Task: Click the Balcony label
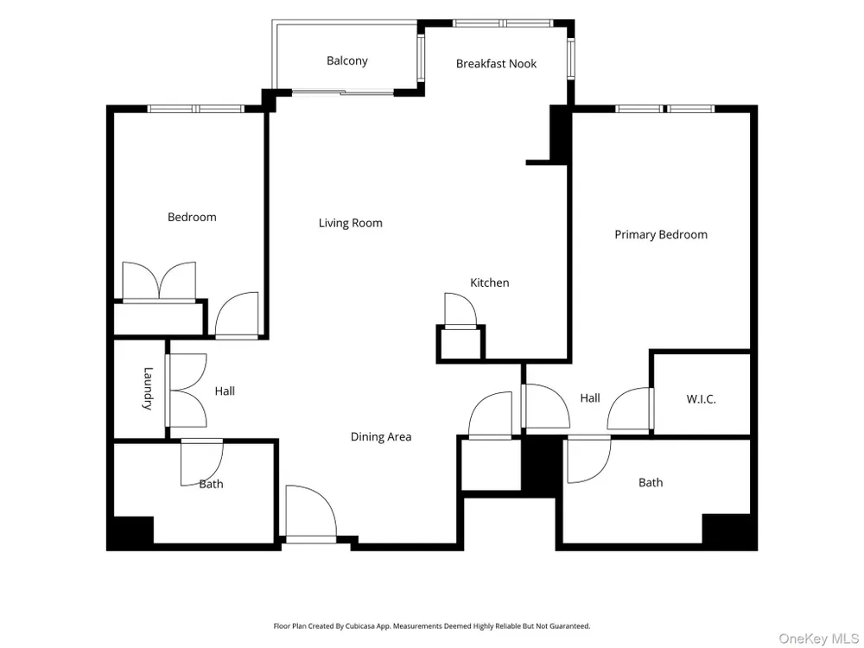click(346, 61)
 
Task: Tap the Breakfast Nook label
click(496, 64)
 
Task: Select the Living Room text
click(351, 223)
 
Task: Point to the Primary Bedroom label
click(661, 235)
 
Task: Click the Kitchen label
click(489, 283)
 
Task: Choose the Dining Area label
click(381, 437)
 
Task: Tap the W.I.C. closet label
click(701, 399)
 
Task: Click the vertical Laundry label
click(148, 389)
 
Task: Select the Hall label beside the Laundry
click(225, 391)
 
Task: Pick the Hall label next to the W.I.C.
click(589, 398)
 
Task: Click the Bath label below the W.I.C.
click(651, 483)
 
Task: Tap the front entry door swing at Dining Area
click(311, 512)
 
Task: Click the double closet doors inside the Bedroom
click(159, 283)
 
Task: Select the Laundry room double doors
click(187, 391)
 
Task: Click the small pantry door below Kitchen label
click(461, 311)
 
